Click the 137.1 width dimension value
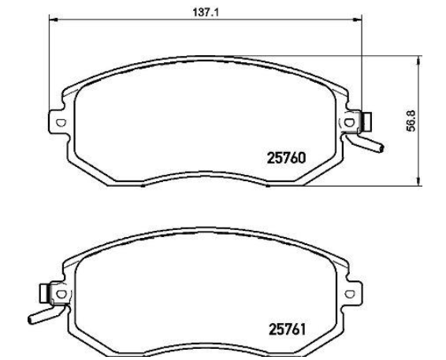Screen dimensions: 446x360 (206, 13)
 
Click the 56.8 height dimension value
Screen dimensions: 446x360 (411, 121)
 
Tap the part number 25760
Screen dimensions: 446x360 (286, 158)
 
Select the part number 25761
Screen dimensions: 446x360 (288, 329)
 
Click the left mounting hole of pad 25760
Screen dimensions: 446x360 (61, 123)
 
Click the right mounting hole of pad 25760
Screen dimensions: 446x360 (349, 123)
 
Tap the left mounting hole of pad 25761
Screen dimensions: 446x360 (61, 294)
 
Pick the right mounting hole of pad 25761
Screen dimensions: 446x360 (350, 294)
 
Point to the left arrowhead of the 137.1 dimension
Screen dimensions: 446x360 (54, 20)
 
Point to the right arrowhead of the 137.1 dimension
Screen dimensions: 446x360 (357, 20)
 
